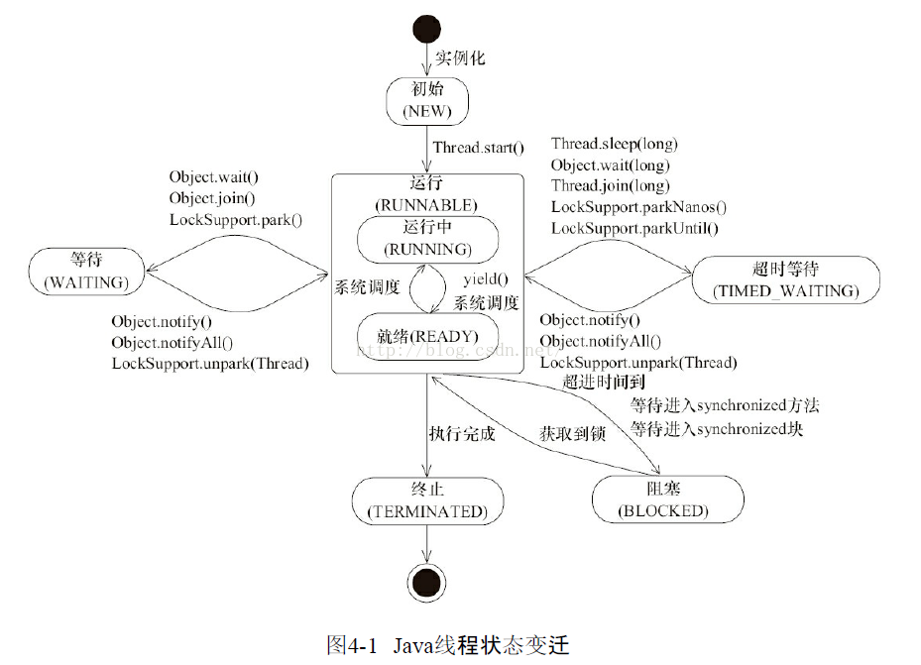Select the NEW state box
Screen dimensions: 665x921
426,101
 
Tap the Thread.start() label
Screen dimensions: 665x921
478,149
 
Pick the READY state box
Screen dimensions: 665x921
426,336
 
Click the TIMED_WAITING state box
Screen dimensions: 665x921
785,280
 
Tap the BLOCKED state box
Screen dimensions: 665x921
666,500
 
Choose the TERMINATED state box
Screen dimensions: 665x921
426,501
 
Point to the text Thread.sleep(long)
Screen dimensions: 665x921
615,145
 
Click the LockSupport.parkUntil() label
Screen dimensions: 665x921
634,228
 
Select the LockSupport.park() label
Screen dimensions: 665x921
236,219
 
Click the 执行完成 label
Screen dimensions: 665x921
461,434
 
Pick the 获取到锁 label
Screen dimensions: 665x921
572,434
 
